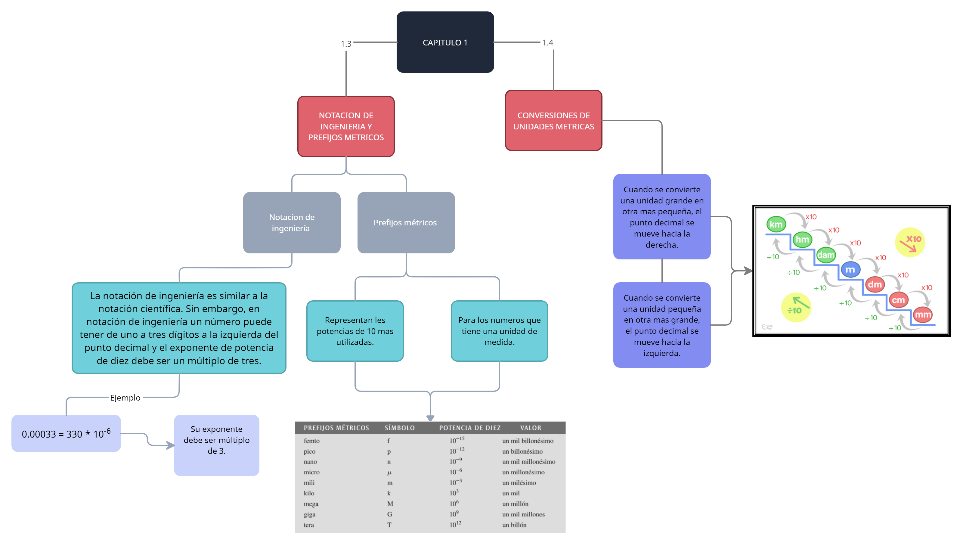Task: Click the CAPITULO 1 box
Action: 445,42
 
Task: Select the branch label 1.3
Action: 346,43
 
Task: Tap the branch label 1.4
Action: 548,43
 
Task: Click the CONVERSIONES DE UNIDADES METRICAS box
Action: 553,121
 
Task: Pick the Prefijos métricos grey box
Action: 406,222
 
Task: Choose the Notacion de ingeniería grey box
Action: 292,222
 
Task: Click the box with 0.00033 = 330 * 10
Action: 66,433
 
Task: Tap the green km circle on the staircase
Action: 776,225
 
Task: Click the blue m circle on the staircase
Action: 850,270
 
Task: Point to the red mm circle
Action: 923,315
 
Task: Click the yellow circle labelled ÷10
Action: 796,308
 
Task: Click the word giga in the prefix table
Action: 310,514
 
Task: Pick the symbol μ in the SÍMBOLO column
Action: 389,472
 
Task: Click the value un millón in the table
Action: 516,504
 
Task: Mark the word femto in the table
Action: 311,441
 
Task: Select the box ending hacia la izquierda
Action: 661,325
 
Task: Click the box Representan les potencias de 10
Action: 355,331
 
